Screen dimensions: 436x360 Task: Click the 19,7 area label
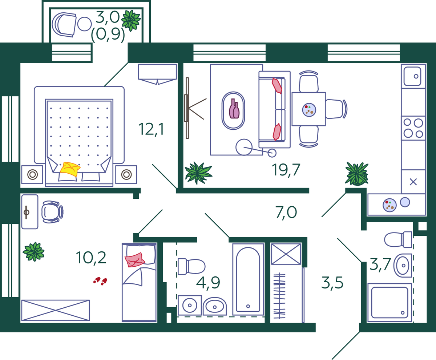[286, 170]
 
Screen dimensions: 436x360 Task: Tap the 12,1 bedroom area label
[151, 130]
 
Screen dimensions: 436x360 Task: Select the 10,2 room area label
[91, 258]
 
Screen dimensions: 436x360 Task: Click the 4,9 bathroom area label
[208, 283]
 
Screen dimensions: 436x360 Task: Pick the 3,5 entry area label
[332, 283]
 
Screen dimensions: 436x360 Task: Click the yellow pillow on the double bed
[70, 169]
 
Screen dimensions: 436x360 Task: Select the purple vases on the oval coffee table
[234, 109]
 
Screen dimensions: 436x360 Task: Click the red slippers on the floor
[100, 281]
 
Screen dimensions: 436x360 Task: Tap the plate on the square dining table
[309, 110]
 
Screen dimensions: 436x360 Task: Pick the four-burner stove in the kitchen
[413, 128]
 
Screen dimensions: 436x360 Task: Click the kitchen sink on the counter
[412, 76]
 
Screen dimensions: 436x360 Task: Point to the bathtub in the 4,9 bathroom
[248, 279]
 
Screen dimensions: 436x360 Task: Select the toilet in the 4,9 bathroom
[191, 266]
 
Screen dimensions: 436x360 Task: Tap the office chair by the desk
[52, 212]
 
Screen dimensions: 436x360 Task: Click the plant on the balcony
[131, 21]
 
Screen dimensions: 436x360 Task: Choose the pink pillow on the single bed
[134, 260]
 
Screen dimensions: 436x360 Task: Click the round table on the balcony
[85, 24]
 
